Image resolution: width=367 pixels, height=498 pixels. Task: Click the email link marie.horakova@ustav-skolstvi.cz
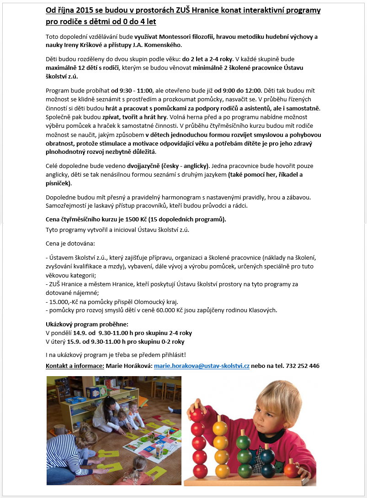(202, 366)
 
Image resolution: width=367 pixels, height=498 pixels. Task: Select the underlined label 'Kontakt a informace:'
(75, 366)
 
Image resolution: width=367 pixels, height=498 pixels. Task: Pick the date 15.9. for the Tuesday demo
(75, 341)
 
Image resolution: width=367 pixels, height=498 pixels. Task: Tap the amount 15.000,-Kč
(65, 302)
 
